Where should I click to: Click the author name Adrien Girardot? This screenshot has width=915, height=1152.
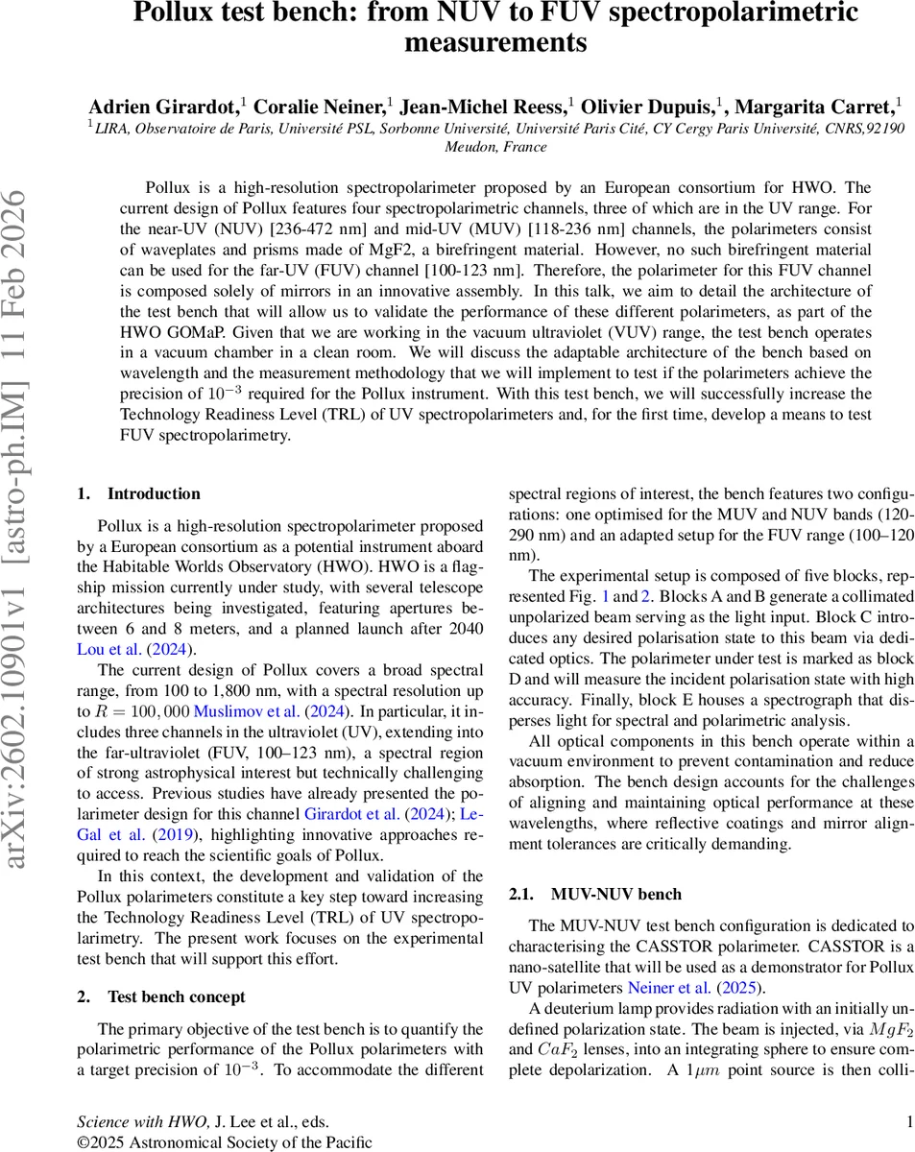tap(162, 106)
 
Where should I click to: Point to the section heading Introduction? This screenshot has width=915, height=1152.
tap(154, 493)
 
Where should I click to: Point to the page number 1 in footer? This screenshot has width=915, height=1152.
tap(908, 1120)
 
